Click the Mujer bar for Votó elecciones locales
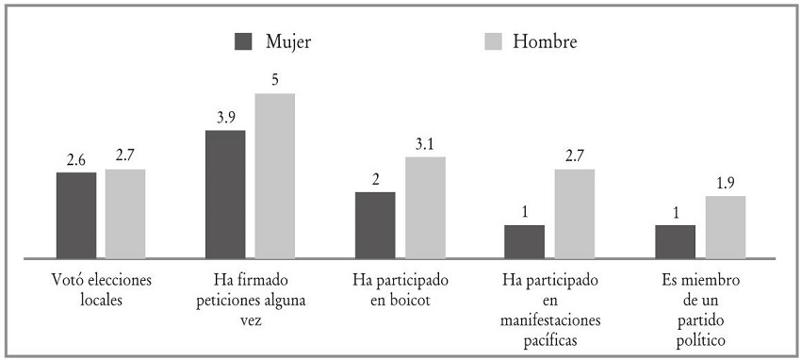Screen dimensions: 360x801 (76, 214)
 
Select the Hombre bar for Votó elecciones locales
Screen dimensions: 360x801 (125, 213)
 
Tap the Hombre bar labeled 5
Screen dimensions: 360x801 (274, 175)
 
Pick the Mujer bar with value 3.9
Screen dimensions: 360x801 (225, 193)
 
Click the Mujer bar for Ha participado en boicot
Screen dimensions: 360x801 (375, 224)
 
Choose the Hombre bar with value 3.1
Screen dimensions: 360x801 (425, 206)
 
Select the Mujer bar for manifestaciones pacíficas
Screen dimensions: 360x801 (524, 240)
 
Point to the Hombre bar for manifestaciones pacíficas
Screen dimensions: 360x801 (574, 213)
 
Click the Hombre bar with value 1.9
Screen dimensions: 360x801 (725, 226)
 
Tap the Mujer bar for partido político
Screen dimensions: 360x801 (676, 240)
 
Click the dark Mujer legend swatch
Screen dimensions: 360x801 (245, 42)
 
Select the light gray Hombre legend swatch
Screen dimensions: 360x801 (493, 42)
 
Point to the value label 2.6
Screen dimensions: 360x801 (76, 160)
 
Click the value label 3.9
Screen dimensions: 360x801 (225, 118)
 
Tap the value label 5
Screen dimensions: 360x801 (274, 81)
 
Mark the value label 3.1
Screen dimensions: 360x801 (425, 144)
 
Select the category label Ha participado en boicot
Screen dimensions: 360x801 (400, 290)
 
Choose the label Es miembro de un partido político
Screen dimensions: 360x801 (700, 309)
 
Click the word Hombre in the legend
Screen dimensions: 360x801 (545, 42)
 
